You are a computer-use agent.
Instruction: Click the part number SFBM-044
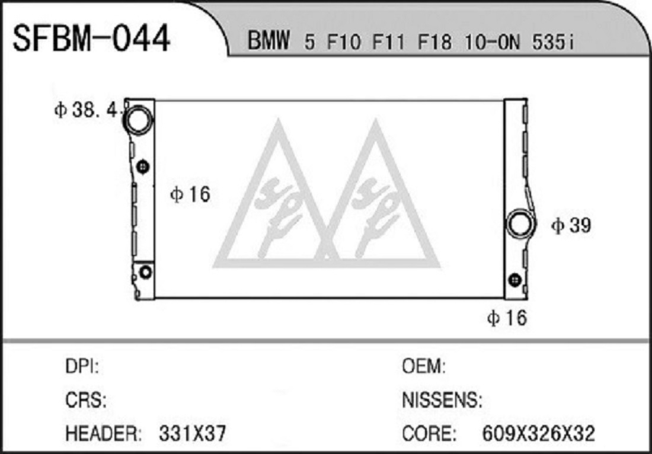(x=91, y=39)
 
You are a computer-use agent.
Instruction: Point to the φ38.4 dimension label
(x=87, y=110)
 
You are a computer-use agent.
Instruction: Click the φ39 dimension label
(x=570, y=226)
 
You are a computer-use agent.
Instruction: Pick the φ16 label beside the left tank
(x=190, y=194)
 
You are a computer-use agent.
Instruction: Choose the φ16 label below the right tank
(x=506, y=318)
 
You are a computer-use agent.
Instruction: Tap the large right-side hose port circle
(x=520, y=225)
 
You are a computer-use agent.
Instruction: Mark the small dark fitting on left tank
(x=143, y=167)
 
